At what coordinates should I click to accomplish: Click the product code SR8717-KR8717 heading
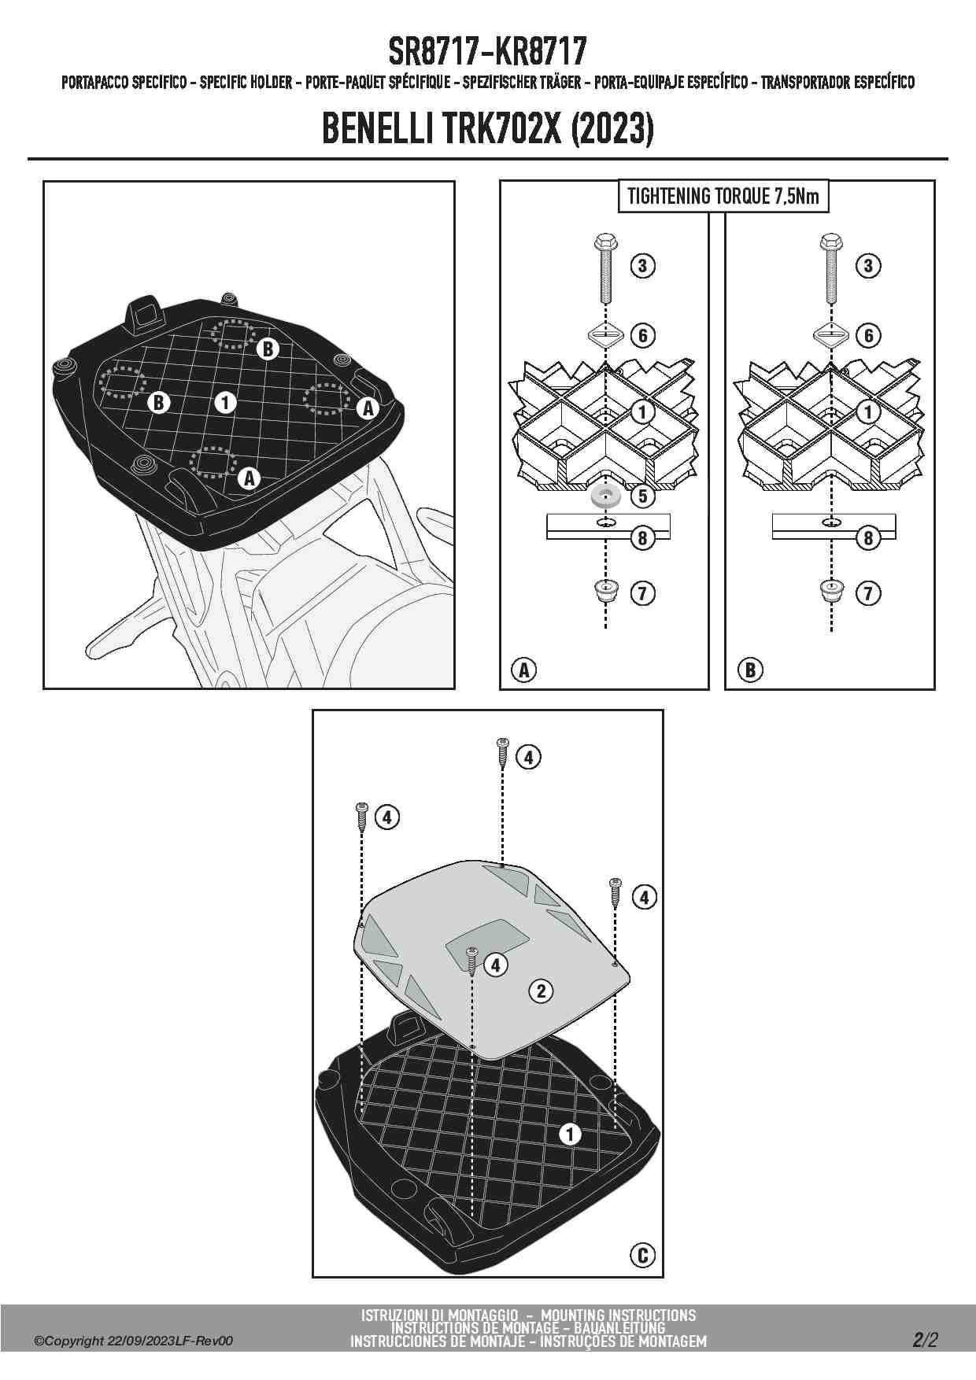coord(487,52)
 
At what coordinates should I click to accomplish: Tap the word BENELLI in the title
coord(379,129)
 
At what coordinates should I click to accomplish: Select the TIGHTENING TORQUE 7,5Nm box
coord(723,196)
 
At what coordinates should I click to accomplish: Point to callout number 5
coord(643,496)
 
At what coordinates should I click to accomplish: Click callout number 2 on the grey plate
coord(541,991)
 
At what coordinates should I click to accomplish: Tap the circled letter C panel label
coord(642,1254)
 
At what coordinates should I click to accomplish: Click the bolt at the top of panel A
coord(604,268)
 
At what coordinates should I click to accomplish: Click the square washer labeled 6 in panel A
coord(604,336)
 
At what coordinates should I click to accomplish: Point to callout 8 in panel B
coord(868,538)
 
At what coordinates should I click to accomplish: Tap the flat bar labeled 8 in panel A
coord(608,526)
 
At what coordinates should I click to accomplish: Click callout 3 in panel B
coord(868,265)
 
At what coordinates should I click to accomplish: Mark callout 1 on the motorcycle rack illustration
coord(225,402)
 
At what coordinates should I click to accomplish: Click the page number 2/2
coord(926,1340)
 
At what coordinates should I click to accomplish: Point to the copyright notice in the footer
coord(134,1341)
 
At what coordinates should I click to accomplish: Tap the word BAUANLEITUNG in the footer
coord(619,1329)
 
